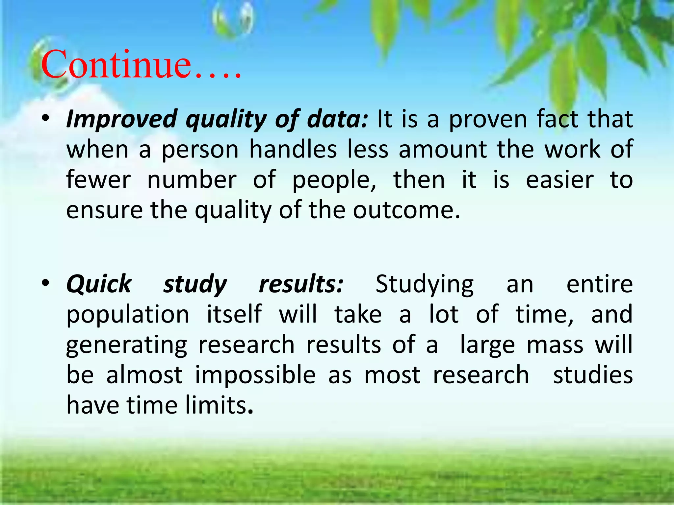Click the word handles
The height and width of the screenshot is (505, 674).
[x=293, y=150]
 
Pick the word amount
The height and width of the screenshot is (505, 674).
[x=443, y=150]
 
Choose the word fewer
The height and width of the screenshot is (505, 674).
[x=98, y=180]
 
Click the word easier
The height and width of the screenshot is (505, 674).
[x=559, y=180]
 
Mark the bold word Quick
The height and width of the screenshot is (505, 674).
[x=99, y=284]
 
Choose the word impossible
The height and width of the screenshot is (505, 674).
[x=255, y=375]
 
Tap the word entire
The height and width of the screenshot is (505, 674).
[x=599, y=284]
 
